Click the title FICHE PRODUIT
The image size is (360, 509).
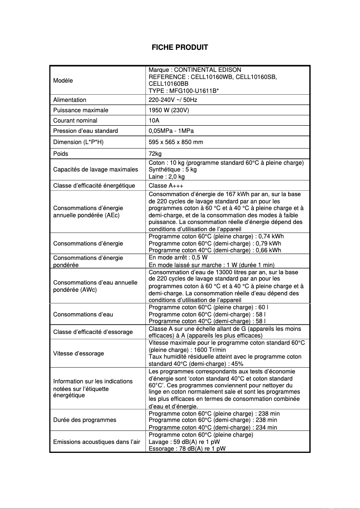click(180, 48)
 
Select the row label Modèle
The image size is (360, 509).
click(63, 80)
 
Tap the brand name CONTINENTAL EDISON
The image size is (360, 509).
click(207, 70)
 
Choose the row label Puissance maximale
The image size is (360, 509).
click(81, 110)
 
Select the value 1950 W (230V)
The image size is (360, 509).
click(169, 110)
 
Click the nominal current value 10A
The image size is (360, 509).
click(153, 120)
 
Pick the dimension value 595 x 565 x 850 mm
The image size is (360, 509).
click(176, 142)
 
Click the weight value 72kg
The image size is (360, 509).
click(155, 154)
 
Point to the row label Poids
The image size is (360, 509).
click(61, 154)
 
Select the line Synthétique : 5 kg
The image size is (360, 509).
click(172, 170)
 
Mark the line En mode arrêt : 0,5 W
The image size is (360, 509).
click(178, 258)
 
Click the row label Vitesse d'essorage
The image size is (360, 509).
click(79, 353)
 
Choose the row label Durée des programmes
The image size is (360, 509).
click(85, 420)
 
